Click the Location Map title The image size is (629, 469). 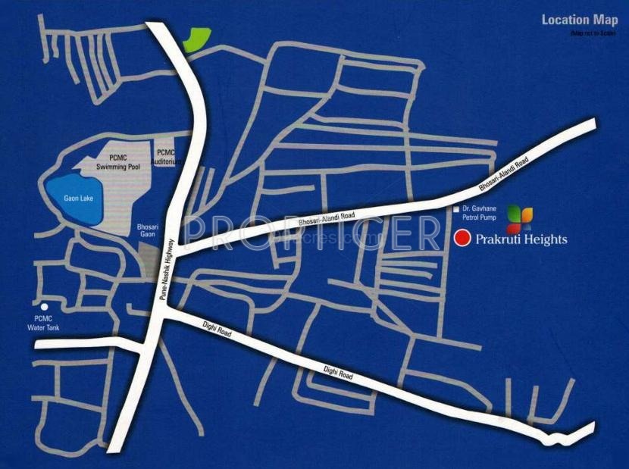coord(580,20)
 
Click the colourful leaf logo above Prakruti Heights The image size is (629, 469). coord(520,217)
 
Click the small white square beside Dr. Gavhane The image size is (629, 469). coord(455,208)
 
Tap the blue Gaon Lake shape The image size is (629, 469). coord(72,201)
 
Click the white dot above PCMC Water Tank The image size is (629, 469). coord(45,307)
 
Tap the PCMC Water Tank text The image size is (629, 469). coord(46,324)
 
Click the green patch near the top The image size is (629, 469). coord(197,39)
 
